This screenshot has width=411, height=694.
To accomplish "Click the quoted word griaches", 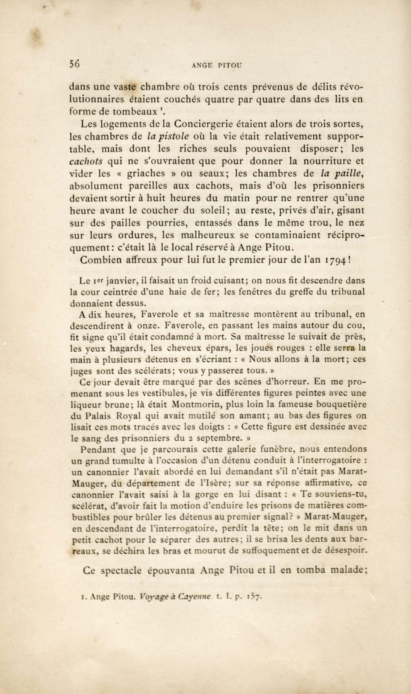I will pos(146,173).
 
